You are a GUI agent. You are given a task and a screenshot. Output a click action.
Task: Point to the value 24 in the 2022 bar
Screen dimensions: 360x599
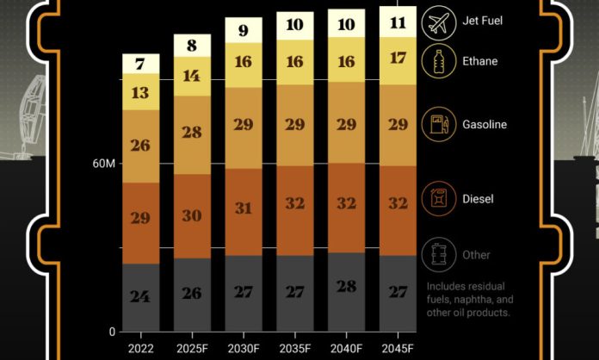click(x=140, y=296)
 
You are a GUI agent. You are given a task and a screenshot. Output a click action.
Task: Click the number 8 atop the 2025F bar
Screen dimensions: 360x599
click(x=191, y=46)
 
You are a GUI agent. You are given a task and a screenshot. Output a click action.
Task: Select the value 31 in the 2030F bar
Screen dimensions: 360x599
click(x=243, y=208)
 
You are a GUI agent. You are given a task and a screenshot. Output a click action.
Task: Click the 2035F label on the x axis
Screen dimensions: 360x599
click(x=294, y=347)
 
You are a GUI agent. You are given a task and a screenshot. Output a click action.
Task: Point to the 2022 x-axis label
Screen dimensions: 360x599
click(x=140, y=347)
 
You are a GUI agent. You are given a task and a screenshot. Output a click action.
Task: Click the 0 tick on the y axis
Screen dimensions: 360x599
click(x=111, y=332)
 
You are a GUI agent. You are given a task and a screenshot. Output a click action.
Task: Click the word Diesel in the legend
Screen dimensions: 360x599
click(x=479, y=200)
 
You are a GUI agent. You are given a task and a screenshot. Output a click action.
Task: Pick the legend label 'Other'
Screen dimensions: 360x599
click(x=476, y=255)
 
